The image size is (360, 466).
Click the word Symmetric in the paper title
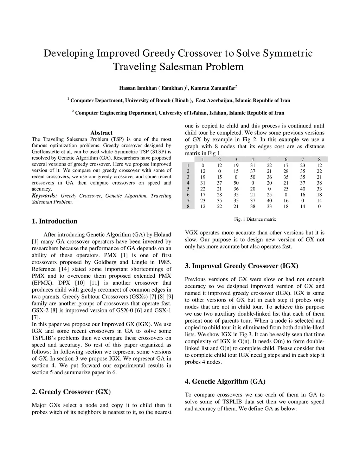[x=288, y=53]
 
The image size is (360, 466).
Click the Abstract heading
[x=101, y=133]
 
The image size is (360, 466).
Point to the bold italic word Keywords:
[x=44, y=196]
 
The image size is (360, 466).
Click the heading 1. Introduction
[x=54, y=221]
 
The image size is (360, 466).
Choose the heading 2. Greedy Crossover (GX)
[x=71, y=392]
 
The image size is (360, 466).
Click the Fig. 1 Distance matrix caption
[x=255, y=219]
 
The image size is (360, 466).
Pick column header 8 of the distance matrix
[x=319, y=160]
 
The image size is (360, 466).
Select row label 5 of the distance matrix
[x=188, y=189]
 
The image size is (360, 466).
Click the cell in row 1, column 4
[x=252, y=166]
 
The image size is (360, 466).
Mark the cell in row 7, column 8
[x=319, y=201]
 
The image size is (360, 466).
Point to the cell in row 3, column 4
[x=252, y=177]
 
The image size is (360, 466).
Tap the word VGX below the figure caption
[x=191, y=233]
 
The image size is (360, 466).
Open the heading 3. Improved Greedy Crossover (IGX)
[x=242, y=266]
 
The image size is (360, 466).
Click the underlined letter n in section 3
[x=264, y=355]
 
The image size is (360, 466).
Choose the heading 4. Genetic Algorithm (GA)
[x=225, y=382]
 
